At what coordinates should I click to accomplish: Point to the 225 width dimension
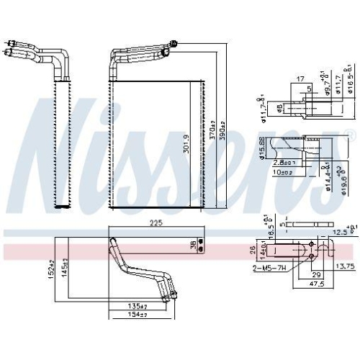pos(156,223)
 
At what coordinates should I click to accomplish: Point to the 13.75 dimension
pos(346,267)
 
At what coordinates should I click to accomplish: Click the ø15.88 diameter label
pos(261,149)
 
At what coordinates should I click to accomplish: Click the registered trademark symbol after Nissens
pos(351,133)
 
